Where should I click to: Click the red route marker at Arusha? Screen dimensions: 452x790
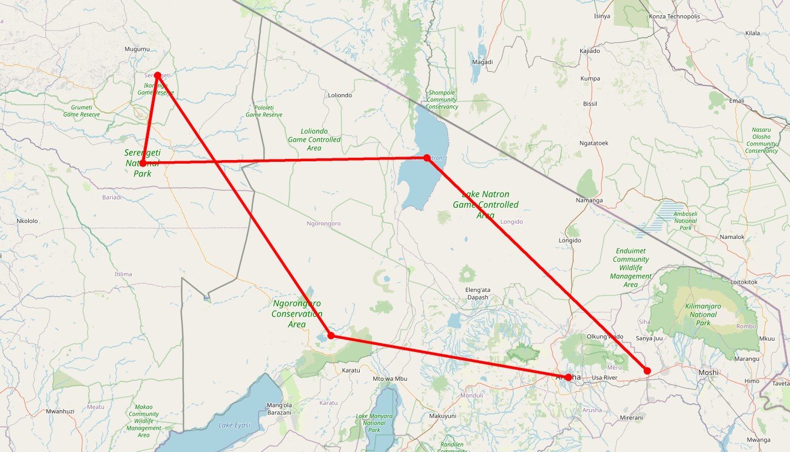pyautogui.click(x=568, y=377)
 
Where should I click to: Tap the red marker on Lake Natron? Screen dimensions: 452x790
pyautogui.click(x=427, y=158)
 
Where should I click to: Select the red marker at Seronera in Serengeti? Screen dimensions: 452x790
pyautogui.click(x=143, y=163)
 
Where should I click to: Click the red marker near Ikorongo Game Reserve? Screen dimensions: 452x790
pyautogui.click(x=158, y=75)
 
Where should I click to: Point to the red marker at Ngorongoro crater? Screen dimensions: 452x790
pyautogui.click(x=331, y=335)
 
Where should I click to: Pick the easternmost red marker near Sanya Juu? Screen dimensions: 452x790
pyautogui.click(x=647, y=370)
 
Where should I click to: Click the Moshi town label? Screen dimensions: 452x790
pyautogui.click(x=708, y=373)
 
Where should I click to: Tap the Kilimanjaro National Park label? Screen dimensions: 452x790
pyautogui.click(x=703, y=314)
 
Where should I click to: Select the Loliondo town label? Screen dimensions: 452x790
pyautogui.click(x=340, y=95)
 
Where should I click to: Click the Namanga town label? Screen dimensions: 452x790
pyautogui.click(x=590, y=201)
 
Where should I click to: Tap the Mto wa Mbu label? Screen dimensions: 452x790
pyautogui.click(x=390, y=378)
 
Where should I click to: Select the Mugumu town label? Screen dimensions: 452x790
pyautogui.click(x=138, y=49)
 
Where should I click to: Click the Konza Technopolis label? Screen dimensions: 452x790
pyautogui.click(x=674, y=16)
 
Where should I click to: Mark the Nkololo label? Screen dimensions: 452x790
pyautogui.click(x=27, y=221)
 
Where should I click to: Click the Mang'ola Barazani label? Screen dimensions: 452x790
pyautogui.click(x=279, y=409)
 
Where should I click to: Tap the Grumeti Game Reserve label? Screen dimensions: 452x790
pyautogui.click(x=81, y=111)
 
